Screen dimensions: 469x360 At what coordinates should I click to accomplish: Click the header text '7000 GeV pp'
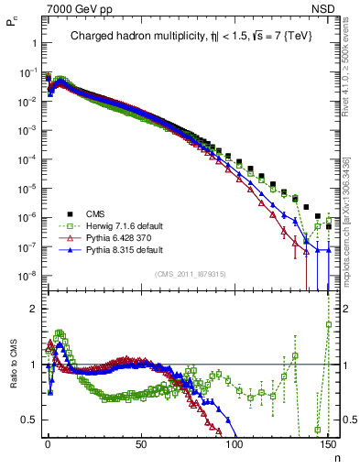click(74, 8)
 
